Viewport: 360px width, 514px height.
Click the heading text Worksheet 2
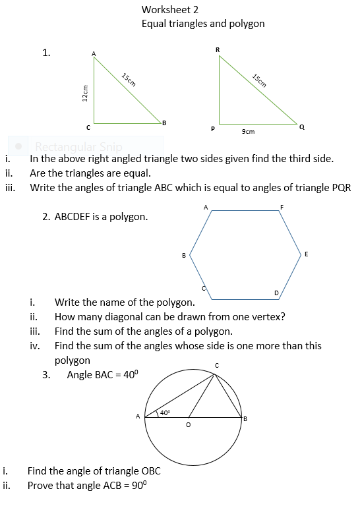[169, 10]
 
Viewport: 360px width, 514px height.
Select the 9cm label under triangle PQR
[248, 132]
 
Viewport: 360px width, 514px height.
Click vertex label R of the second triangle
[218, 49]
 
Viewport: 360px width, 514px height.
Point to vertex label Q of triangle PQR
[301, 127]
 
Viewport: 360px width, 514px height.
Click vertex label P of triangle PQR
[212, 129]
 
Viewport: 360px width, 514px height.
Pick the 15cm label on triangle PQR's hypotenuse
[259, 80]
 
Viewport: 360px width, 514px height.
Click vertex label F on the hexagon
[282, 208]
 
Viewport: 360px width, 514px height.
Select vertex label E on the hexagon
[306, 254]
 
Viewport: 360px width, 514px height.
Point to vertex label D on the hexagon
[276, 292]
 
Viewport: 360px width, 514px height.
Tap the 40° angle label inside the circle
[165, 413]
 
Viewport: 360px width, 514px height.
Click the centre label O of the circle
[189, 426]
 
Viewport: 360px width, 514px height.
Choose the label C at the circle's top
[216, 365]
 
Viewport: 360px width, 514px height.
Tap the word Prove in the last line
[40, 486]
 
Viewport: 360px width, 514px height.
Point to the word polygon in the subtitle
[247, 24]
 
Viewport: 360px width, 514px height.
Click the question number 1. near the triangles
[46, 53]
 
